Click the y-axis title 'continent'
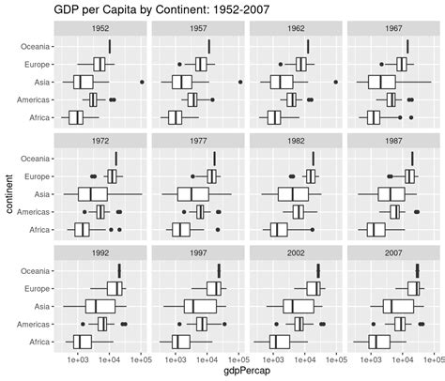[8, 192]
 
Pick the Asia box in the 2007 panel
[398, 306]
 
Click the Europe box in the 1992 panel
[115, 288]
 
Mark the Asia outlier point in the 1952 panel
[143, 82]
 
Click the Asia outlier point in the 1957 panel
[240, 82]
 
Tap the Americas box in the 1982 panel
[299, 212]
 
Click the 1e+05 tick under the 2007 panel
[434, 358]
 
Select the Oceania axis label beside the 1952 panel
[36, 46]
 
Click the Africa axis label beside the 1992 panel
[38, 342]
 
